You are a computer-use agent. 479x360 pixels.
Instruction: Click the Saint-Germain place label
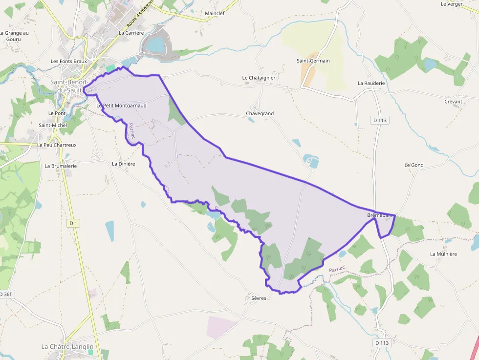coord(313,61)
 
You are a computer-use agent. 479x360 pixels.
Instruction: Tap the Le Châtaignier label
coord(259,78)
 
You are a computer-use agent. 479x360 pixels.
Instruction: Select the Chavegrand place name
coord(260,113)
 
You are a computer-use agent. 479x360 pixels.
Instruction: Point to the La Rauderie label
coord(371,83)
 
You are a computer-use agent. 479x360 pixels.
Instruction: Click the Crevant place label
coord(453,102)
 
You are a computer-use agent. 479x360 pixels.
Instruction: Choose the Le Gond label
coord(414,165)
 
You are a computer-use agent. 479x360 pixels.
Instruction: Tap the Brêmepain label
coord(380,215)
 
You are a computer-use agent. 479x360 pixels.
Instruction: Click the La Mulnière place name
coord(443,254)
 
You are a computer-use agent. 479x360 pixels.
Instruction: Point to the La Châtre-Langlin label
coord(67,347)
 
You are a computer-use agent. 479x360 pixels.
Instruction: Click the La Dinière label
coord(123,164)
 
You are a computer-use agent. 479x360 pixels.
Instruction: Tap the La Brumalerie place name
coord(61,166)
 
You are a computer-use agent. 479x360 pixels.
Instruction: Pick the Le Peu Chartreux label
coord(57,145)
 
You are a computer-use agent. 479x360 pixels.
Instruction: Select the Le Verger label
coord(451,4)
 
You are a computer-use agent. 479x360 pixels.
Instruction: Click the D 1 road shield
coord(73,223)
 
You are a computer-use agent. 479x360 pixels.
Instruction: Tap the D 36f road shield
coord(5,294)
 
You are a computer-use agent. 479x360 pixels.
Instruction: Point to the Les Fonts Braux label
coord(68,62)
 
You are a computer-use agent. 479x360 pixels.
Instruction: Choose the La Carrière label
coord(131,33)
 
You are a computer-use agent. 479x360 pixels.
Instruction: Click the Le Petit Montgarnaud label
coord(121,105)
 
